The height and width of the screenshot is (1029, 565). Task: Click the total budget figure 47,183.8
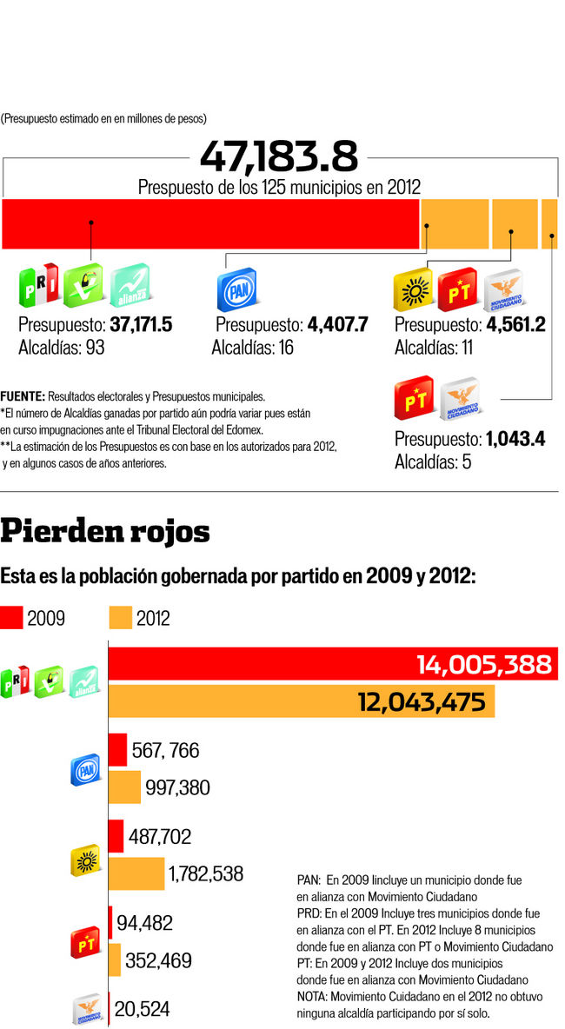278,157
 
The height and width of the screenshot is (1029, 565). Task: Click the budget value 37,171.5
141,325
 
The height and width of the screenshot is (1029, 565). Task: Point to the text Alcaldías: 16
252,348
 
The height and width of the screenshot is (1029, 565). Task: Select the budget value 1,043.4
515,438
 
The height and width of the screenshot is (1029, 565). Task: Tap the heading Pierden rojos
105,529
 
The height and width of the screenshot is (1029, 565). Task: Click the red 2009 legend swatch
11,618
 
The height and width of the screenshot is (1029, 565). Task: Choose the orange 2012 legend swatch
121,618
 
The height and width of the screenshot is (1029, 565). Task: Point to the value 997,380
177,787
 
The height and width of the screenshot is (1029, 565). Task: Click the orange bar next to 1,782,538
136,873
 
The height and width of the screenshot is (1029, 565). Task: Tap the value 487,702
159,837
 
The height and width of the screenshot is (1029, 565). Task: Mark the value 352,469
158,960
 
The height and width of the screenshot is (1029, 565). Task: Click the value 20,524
142,1009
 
